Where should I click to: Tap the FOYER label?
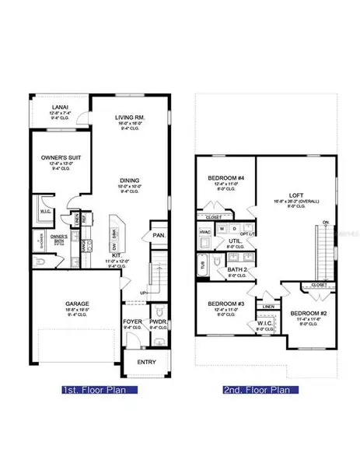pyautogui.click(x=132, y=321)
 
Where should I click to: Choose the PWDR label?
pyautogui.click(x=158, y=321)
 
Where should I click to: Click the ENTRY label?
pyautogui.click(x=145, y=362)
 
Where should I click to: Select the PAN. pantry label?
pyautogui.click(x=159, y=235)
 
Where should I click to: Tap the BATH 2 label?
pyautogui.click(x=238, y=269)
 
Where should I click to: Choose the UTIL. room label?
pyautogui.click(x=235, y=242)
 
